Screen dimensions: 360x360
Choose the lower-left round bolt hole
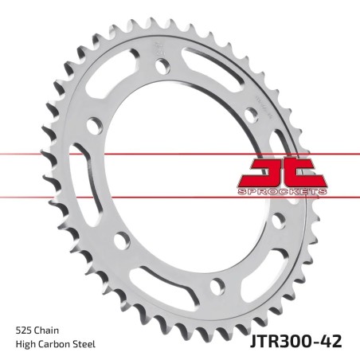pos(119,240)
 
